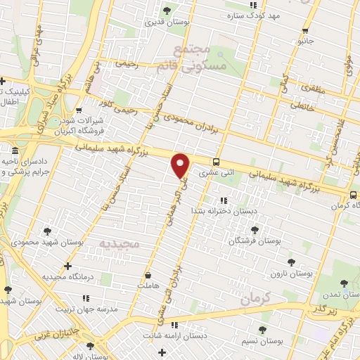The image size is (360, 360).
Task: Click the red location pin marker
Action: (x=181, y=165)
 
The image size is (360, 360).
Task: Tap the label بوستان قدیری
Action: (x=165, y=22)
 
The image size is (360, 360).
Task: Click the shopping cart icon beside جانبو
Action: (x=304, y=30)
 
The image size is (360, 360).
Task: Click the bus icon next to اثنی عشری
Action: (x=217, y=160)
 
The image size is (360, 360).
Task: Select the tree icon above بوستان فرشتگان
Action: (x=255, y=229)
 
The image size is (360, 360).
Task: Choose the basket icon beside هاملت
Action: (x=148, y=275)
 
